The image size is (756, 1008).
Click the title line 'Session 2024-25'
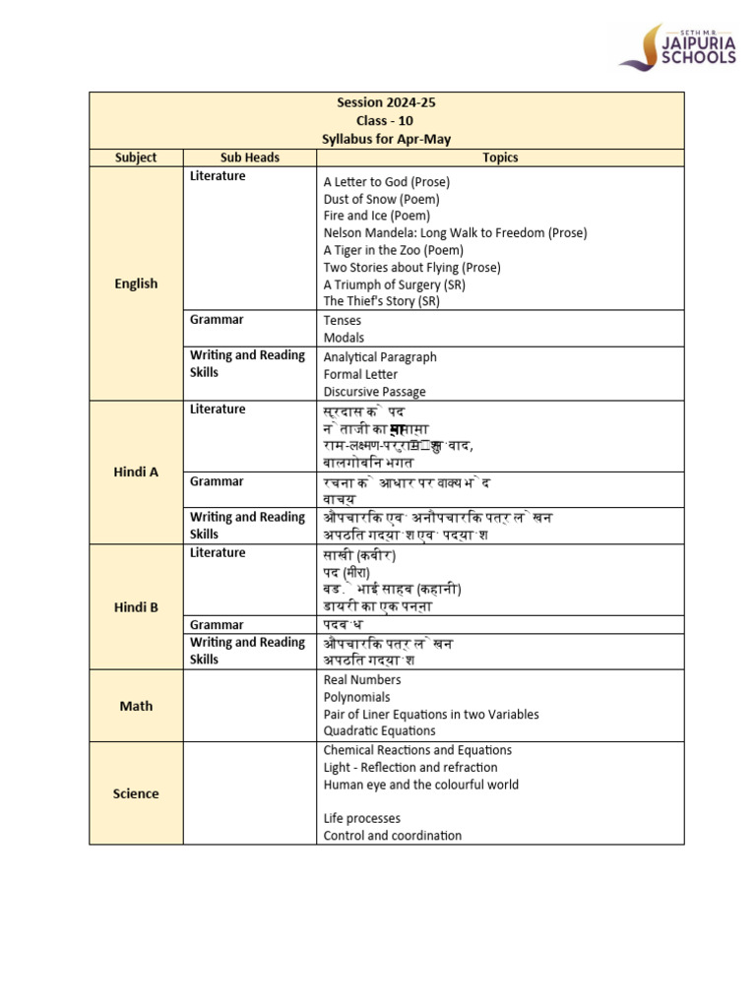pyautogui.click(x=386, y=102)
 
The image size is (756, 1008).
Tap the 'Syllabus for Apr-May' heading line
pyautogui.click(x=386, y=139)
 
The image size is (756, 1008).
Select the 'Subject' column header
pyautogui.click(x=136, y=157)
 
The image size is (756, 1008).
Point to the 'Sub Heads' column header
pyautogui.click(x=249, y=157)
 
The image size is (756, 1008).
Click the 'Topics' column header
pyautogui.click(x=500, y=157)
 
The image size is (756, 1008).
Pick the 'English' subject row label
pyautogui.click(x=136, y=283)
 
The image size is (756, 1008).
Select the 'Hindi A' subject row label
pyautogui.click(x=136, y=472)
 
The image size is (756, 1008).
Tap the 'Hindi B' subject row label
pyautogui.click(x=136, y=607)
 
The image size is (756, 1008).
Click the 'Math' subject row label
pyautogui.click(x=136, y=706)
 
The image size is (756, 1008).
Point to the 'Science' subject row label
pyautogui.click(x=136, y=793)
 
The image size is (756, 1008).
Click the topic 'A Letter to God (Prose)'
pyautogui.click(x=386, y=182)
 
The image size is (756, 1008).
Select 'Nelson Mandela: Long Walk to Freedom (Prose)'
pyautogui.click(x=455, y=233)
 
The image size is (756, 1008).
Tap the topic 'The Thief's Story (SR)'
pyautogui.click(x=382, y=301)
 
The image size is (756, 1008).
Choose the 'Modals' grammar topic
pyautogui.click(x=344, y=338)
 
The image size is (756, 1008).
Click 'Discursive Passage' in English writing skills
pyautogui.click(x=374, y=392)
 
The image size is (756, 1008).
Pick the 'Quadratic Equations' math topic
pyautogui.click(x=379, y=731)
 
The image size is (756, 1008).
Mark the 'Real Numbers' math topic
pyautogui.click(x=362, y=680)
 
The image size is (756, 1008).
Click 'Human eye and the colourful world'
pyautogui.click(x=420, y=785)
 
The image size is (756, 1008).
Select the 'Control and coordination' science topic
pyautogui.click(x=392, y=836)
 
